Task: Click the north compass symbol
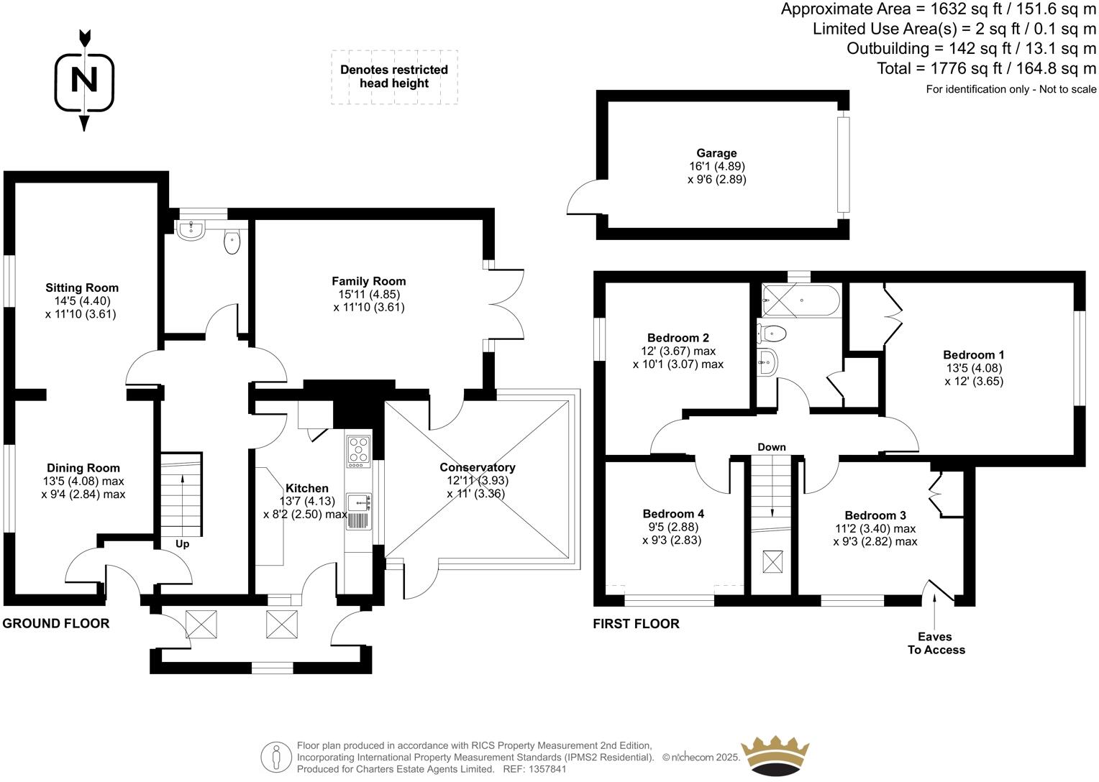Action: (85, 80)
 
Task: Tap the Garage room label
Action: (716, 153)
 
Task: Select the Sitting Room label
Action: (82, 287)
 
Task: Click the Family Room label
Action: (368, 281)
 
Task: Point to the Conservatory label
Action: (477, 467)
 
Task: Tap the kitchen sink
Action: (358, 502)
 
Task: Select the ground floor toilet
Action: (232, 241)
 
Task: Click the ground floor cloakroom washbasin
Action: (191, 229)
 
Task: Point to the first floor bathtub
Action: (800, 302)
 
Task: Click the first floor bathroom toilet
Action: (772, 333)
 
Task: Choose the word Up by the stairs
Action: (182, 544)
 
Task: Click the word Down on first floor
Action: (771, 447)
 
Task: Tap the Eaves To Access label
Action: (935, 643)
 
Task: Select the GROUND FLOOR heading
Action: (56, 623)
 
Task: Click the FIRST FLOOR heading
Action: (636, 623)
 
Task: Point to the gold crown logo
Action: (775, 755)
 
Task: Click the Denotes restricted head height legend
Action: (394, 76)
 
